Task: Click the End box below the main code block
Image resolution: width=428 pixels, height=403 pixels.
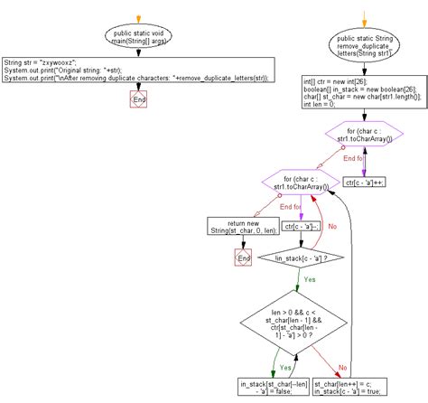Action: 139,99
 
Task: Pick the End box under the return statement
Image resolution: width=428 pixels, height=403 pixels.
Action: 242,258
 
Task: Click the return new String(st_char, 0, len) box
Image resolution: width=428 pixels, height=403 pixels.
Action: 242,226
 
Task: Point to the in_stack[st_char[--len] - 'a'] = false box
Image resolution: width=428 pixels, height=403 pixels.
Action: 273,387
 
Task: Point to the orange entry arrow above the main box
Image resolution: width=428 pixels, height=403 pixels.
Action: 139,18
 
